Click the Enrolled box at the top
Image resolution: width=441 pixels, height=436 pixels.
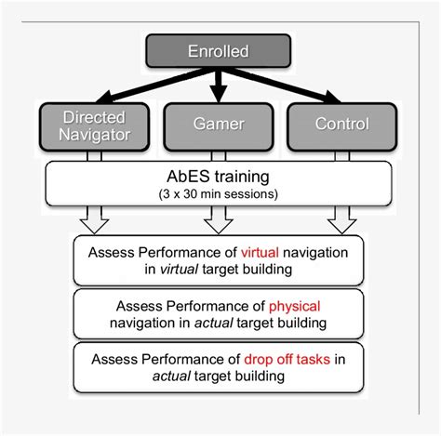[x=219, y=52]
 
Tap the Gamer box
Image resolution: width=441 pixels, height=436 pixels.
[x=219, y=125]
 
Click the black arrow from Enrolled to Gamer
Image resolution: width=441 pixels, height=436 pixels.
[x=219, y=86]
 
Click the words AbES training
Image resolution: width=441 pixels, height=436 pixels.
[x=219, y=175]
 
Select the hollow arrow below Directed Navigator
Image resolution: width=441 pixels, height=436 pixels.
[x=94, y=220]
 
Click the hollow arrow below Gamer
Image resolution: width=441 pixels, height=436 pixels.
[x=219, y=220]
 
